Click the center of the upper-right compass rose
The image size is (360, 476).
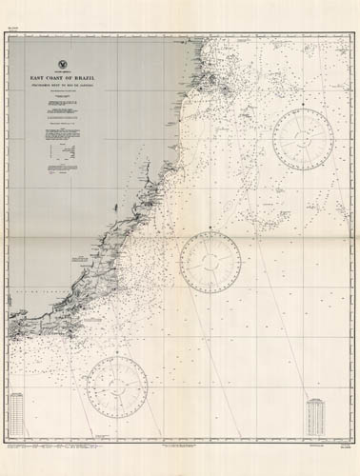[x=306, y=134]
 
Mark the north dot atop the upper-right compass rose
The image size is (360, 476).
[x=306, y=102]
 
